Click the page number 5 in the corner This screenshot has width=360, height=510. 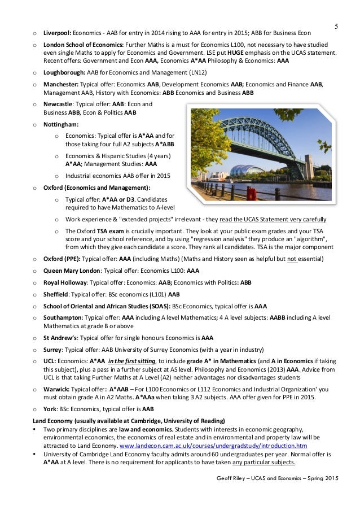coord(336,27)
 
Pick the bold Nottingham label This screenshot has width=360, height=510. coord(61,124)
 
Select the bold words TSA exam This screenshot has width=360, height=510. coord(109,230)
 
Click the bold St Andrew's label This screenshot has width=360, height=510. coord(60,338)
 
